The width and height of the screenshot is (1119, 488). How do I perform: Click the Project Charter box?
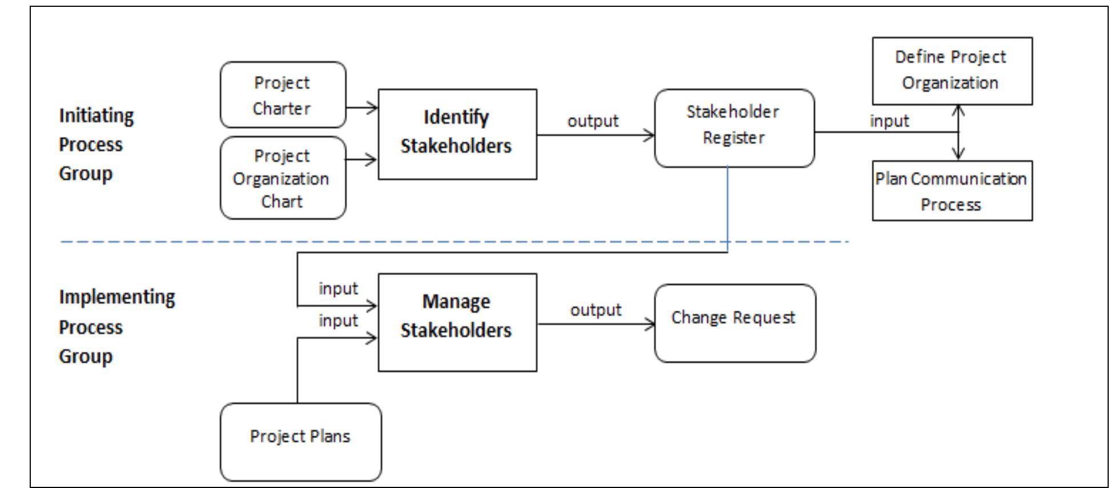pyautogui.click(x=283, y=95)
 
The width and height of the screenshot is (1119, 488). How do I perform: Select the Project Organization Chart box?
pyautogui.click(x=283, y=178)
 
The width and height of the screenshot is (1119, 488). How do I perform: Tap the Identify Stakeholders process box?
pyautogui.click(x=457, y=134)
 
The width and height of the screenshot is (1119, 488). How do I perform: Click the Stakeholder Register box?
pyautogui.click(x=734, y=127)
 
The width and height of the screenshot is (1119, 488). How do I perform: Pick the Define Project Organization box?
pyautogui.click(x=952, y=71)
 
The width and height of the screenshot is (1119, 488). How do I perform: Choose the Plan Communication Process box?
pyautogui.click(x=952, y=191)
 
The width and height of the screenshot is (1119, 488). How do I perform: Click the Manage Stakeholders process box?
pyautogui.click(x=457, y=322)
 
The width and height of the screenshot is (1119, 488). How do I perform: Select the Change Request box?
pyautogui.click(x=734, y=323)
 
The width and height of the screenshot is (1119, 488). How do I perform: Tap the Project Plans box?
pyautogui.click(x=300, y=441)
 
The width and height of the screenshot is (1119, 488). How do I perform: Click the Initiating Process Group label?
pyautogui.click(x=96, y=144)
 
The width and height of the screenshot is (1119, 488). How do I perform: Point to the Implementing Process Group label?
pyautogui.click(x=116, y=326)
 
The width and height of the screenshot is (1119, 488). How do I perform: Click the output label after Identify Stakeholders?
pyautogui.click(x=593, y=121)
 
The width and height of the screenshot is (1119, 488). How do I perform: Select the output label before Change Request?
pyautogui.click(x=595, y=310)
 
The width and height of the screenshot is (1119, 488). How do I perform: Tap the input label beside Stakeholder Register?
pyautogui.click(x=889, y=121)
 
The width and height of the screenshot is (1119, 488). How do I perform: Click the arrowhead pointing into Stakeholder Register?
pyautogui.click(x=650, y=135)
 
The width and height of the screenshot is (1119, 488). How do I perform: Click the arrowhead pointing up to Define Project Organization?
pyautogui.click(x=959, y=110)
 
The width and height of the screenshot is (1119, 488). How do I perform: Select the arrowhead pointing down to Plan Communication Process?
pyautogui.click(x=959, y=154)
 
